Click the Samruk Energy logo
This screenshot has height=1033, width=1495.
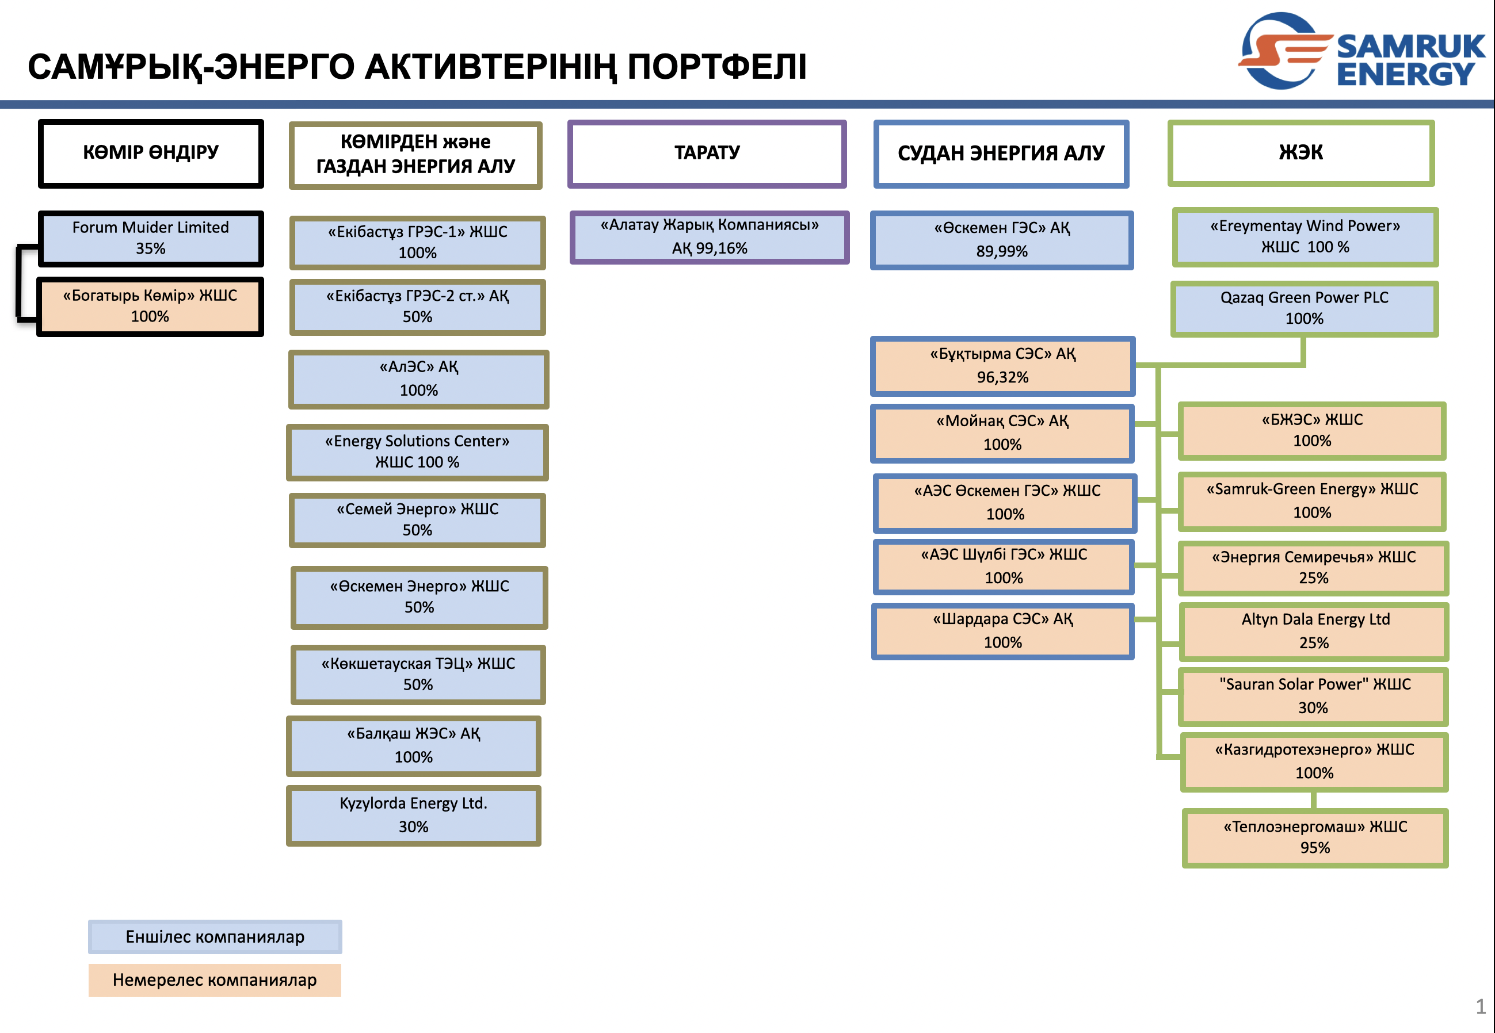coord(1360,51)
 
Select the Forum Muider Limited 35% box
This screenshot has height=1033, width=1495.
coord(150,238)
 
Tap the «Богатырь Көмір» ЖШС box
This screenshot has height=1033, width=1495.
coord(150,306)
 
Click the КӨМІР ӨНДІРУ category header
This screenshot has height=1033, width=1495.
coord(151,154)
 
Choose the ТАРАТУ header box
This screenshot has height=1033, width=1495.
coord(707,154)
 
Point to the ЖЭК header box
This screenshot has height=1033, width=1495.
coord(1300,153)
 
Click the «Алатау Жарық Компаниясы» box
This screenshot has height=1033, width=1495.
coord(709,237)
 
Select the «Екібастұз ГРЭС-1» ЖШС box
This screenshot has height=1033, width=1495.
coord(417,242)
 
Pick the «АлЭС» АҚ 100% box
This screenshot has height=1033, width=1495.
coord(418,379)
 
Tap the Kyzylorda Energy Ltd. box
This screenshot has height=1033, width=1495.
coord(413,815)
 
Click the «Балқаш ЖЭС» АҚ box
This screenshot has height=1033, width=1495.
coord(413,745)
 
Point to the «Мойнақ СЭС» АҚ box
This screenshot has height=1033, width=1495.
coord(1002,433)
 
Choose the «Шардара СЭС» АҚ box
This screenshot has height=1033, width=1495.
coord(1002,631)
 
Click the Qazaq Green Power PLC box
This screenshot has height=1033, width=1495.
coord(1304,308)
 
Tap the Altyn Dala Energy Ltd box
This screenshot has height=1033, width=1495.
coord(1314,631)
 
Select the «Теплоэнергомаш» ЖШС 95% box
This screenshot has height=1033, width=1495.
coord(1314,837)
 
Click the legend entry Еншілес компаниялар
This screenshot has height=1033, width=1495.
coord(215,936)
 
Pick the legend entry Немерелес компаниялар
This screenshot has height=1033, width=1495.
coord(215,980)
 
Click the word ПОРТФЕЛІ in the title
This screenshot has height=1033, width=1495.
coord(717,67)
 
